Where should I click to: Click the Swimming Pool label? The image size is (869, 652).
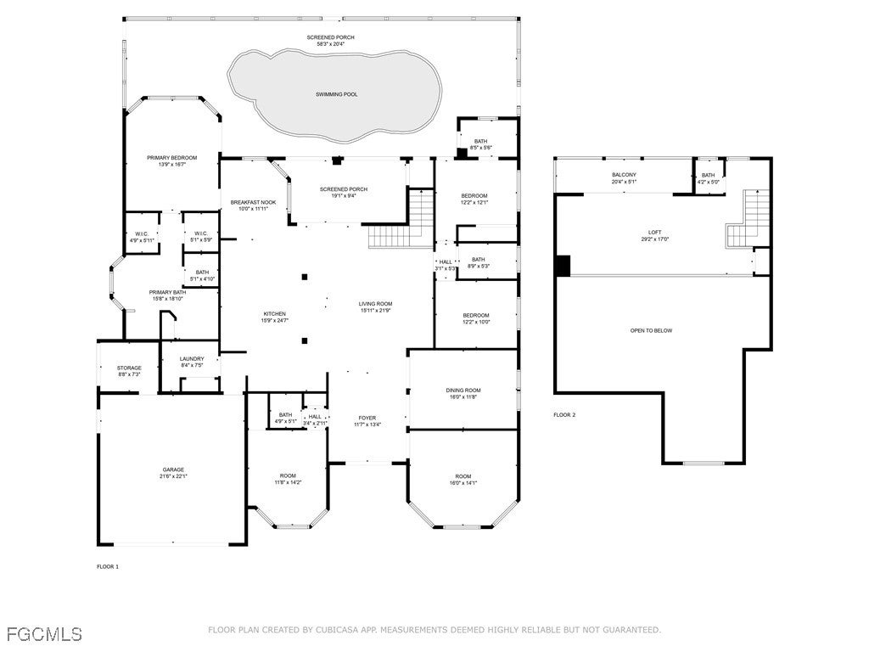click(x=336, y=94)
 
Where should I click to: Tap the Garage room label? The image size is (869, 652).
click(x=173, y=469)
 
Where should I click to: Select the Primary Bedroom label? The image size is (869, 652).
click(x=171, y=158)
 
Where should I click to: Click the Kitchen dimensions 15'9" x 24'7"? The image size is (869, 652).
click(x=274, y=320)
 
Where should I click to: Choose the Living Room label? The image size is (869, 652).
click(x=374, y=303)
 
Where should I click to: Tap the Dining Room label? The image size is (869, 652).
click(x=463, y=390)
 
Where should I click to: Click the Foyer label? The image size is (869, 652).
click(x=367, y=418)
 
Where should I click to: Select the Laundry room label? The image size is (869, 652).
click(x=192, y=358)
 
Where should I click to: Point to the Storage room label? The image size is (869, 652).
click(x=129, y=368)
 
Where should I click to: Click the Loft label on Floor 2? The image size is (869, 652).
click(x=654, y=232)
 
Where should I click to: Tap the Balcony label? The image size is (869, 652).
click(x=624, y=175)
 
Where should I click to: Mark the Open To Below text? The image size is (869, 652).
click(x=651, y=330)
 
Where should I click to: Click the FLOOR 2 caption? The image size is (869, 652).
click(x=564, y=415)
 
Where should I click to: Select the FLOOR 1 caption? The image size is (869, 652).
click(x=108, y=566)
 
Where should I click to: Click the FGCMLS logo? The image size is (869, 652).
click(x=44, y=633)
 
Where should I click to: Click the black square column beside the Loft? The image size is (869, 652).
click(x=563, y=266)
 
